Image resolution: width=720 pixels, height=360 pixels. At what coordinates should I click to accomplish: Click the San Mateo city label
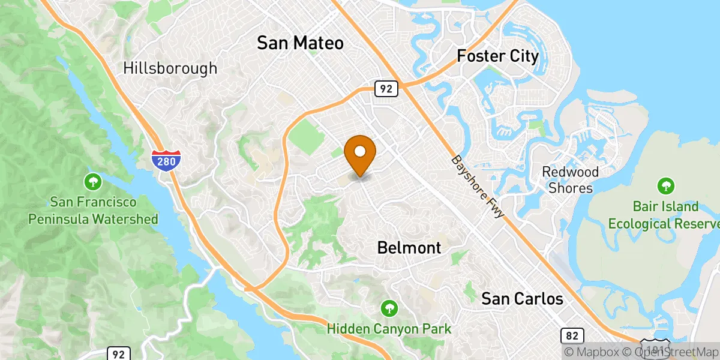point(300,43)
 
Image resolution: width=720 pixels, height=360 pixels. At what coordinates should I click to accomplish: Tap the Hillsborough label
point(170,68)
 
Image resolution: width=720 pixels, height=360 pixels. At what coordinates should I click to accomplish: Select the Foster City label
point(497,56)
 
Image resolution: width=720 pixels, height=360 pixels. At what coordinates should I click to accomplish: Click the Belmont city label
point(409,247)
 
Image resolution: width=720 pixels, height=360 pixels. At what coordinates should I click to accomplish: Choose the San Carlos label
point(523,298)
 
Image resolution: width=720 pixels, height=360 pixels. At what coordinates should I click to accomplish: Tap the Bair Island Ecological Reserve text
point(664,215)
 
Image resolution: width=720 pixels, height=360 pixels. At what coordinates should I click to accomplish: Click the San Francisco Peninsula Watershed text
point(93,211)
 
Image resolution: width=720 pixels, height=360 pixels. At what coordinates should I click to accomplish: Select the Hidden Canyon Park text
point(389,329)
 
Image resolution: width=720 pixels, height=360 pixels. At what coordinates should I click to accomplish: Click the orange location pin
point(360,152)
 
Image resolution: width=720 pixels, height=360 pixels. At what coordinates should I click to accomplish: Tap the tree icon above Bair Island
point(665,186)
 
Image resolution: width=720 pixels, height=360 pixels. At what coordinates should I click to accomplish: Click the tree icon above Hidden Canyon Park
point(389,309)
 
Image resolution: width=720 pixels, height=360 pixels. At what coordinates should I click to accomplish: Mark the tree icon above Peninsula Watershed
point(93,181)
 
